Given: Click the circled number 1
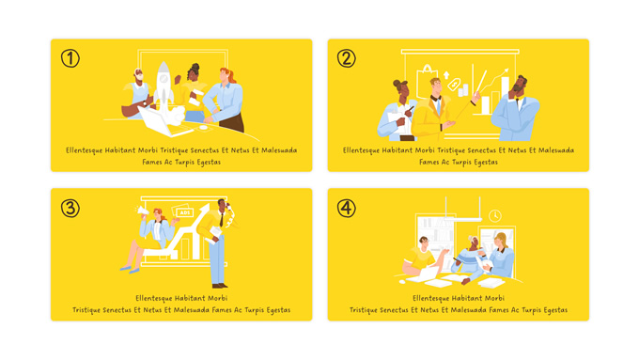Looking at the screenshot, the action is [70, 58].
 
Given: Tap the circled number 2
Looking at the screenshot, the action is [347, 58].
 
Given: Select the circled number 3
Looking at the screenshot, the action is [70, 208].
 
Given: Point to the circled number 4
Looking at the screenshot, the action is [347, 208].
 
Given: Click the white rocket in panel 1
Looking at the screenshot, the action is [164, 85].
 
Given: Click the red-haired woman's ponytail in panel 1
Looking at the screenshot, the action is [233, 74].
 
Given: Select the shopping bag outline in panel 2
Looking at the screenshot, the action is [427, 82].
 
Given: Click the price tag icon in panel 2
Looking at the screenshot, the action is [454, 84].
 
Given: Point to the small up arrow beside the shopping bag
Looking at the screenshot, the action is [446, 75].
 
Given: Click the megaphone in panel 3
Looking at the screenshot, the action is [142, 211].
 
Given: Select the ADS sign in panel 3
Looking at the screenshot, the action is [184, 212].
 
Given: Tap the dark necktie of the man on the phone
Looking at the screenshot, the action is [221, 219].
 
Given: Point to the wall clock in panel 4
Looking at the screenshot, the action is [494, 215].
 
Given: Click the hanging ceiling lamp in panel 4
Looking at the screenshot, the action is [463, 219].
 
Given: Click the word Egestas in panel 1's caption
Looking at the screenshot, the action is [209, 163].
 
